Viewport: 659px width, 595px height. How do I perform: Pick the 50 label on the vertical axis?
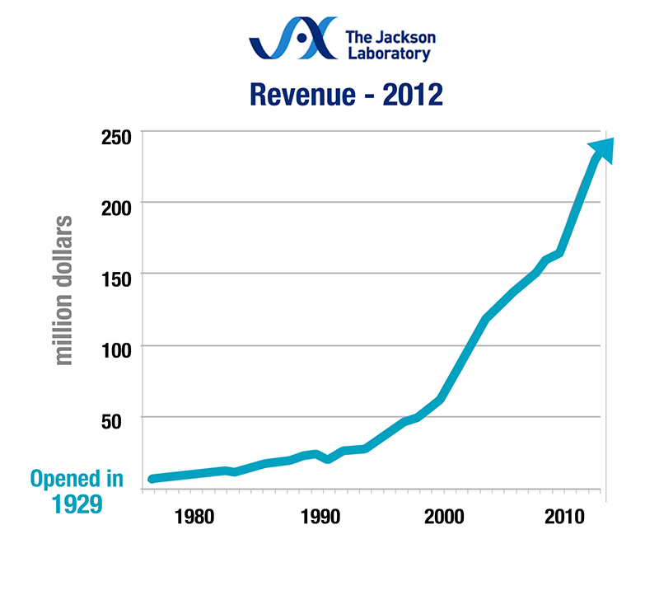(115, 419)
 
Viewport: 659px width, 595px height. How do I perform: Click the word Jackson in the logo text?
(402, 37)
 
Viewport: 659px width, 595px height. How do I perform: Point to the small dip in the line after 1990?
(329, 458)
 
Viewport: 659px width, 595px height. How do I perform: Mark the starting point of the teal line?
(152, 479)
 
